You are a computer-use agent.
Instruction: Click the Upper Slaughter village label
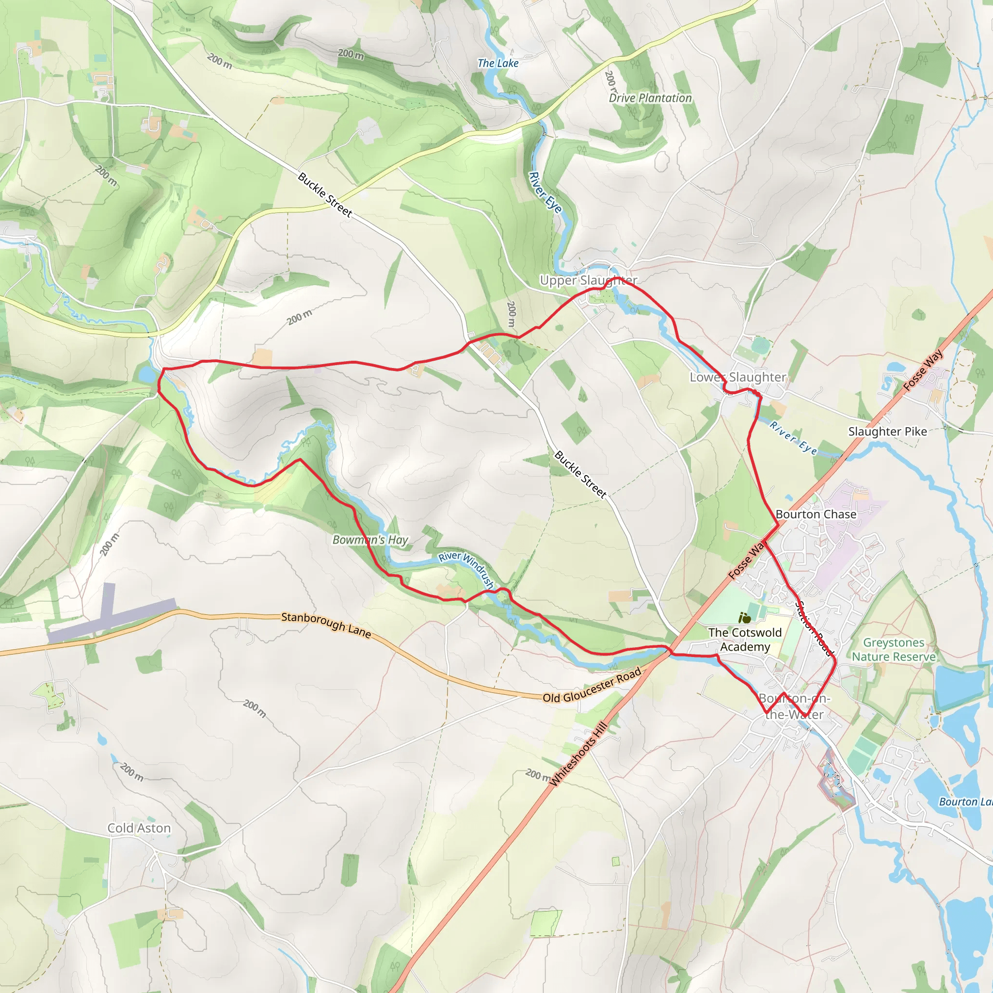[588, 280]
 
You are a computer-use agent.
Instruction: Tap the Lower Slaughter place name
[737, 377]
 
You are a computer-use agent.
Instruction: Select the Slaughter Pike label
[887, 432]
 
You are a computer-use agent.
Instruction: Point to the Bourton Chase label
[816, 514]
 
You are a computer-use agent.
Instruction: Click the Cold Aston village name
[139, 828]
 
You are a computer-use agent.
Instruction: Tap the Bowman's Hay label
[370, 540]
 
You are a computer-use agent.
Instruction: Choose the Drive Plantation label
[650, 98]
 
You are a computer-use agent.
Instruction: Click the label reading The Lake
[497, 63]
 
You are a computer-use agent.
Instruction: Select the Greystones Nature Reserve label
[894, 650]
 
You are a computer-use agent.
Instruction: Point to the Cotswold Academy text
[745, 640]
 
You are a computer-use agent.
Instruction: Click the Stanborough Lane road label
[326, 624]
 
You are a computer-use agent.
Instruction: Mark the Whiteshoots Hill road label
[579, 754]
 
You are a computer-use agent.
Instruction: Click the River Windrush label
[466, 569]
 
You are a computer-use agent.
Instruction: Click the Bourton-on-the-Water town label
[795, 706]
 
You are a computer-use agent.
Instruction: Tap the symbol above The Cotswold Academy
[744, 618]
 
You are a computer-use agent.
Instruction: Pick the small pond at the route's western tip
[147, 375]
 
